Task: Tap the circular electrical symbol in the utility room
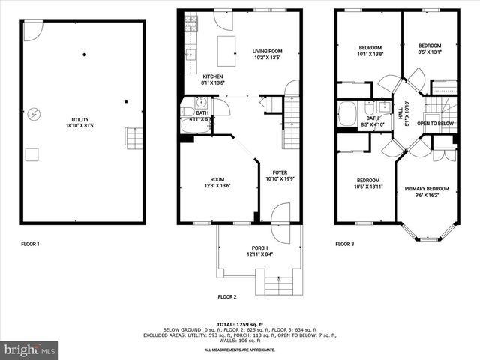pos(34,115)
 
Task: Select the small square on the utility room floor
pos(32,155)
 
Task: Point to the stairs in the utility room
pos(133,139)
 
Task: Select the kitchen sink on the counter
pos(190,54)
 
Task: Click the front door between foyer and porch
pos(280,223)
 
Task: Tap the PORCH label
pos(259,251)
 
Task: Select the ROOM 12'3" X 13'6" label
pos(217,182)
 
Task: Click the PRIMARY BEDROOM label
pos(427,191)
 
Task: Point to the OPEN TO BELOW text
pos(435,123)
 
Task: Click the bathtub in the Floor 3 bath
pos(349,114)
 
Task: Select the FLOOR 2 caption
pos(227,297)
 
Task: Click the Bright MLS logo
pos(30,349)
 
